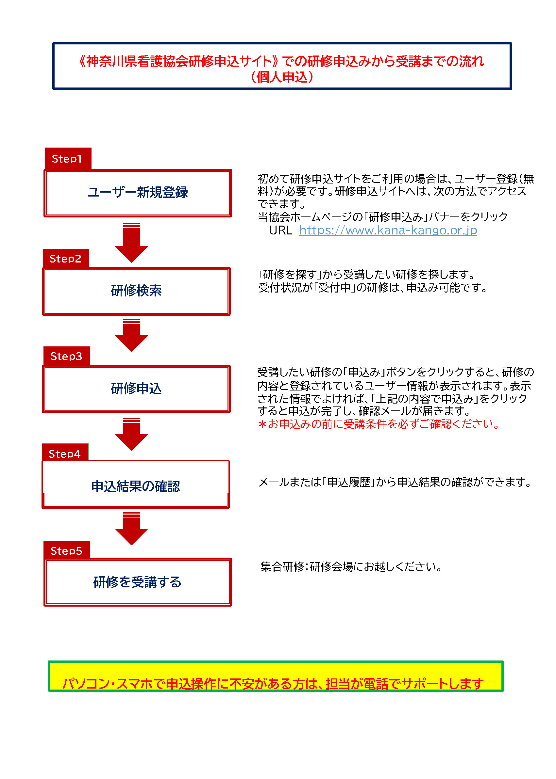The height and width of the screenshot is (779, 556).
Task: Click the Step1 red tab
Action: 68,158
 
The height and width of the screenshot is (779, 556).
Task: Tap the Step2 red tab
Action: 66,259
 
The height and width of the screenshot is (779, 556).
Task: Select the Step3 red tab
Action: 67,356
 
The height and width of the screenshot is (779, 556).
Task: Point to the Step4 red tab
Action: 65,453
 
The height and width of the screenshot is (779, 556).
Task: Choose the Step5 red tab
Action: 67,550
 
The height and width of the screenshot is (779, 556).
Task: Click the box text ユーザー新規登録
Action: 138,192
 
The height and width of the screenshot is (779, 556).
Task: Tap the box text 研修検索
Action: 136,291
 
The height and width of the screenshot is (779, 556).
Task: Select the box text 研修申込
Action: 136,389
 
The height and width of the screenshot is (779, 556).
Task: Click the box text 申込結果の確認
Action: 136,486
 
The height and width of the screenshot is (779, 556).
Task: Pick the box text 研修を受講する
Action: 137,582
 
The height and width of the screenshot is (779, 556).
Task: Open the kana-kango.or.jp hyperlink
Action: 388,231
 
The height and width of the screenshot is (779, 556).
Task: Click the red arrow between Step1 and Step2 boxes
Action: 131,243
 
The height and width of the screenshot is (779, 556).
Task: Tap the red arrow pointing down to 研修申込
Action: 131,335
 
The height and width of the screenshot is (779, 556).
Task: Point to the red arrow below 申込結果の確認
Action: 131,529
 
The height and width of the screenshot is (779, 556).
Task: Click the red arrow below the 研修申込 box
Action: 131,434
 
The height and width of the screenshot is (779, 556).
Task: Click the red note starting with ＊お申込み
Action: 379,424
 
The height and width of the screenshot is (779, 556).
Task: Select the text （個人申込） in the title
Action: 282,77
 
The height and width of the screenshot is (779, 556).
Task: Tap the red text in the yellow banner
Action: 273,684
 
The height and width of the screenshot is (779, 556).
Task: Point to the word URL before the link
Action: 280,231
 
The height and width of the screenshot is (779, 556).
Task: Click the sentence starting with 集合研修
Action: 351,567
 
